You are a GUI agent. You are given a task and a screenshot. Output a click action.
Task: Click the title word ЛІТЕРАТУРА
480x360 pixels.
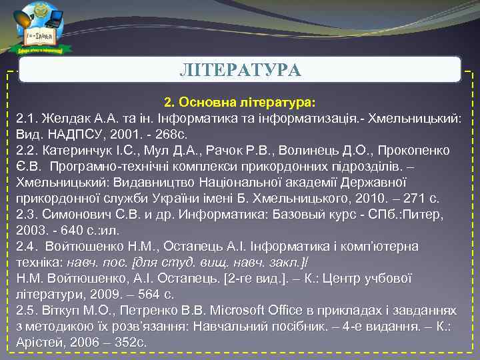coord(240,69)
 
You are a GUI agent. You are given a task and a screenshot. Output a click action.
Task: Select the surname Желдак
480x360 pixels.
coord(67,119)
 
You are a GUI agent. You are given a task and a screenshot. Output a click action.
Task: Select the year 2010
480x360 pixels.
coord(379,198)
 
